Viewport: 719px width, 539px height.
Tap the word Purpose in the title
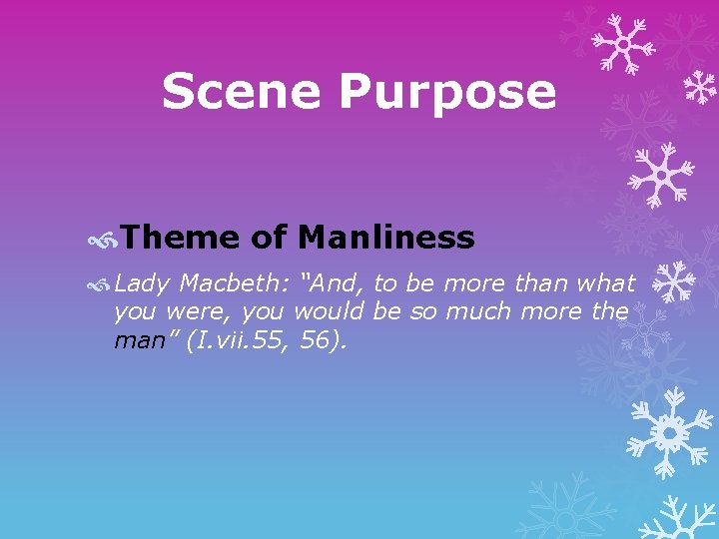[446, 92]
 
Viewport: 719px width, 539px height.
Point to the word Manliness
[385, 238]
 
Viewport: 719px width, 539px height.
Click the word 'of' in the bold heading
[269, 238]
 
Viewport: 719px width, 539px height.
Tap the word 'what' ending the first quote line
[607, 283]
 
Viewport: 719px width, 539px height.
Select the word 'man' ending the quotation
[139, 341]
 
